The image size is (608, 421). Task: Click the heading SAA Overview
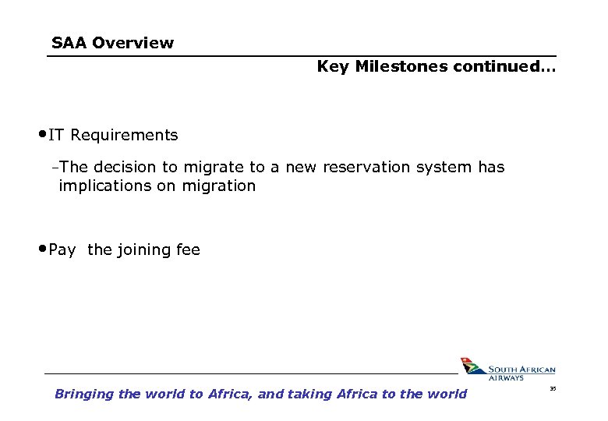(112, 43)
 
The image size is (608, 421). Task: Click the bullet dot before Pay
(42, 249)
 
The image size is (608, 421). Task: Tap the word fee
(188, 249)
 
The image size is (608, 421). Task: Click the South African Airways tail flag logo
(470, 366)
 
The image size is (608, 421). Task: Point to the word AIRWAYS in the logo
(507, 378)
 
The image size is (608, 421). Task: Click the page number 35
(553, 388)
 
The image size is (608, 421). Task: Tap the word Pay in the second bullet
(62, 249)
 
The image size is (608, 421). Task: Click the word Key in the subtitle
(332, 66)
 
